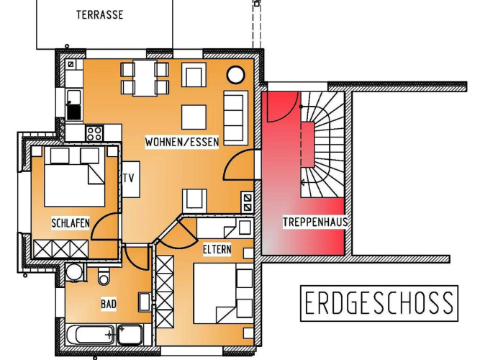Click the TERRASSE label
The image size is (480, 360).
click(100, 14)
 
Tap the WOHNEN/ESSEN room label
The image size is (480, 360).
click(182, 142)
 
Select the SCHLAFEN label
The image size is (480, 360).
click(71, 223)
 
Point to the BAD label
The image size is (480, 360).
click(109, 304)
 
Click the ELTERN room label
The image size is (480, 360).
click(217, 249)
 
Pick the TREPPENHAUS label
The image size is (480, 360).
click(315, 222)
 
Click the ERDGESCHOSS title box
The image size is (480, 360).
click(379, 303)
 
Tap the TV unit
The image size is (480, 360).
click(131, 179)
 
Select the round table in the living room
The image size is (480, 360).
click(236, 75)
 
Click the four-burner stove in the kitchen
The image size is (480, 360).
click(94, 133)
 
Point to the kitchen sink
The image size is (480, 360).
click(74, 105)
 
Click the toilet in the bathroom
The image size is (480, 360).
click(104, 276)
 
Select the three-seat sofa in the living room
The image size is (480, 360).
click(235, 118)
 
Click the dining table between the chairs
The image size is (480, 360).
click(145, 78)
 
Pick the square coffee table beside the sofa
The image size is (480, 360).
click(194, 117)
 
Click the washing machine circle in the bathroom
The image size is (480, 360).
click(74, 271)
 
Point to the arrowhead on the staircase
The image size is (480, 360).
click(302, 183)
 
